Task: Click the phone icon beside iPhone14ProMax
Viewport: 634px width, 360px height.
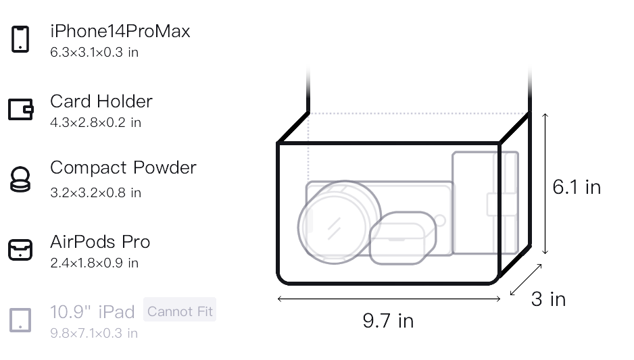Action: click(x=20, y=39)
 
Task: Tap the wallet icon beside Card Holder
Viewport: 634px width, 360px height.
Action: click(x=21, y=109)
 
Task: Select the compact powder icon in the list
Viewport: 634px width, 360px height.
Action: click(x=20, y=179)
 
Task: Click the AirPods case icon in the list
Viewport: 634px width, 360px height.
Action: click(x=20, y=249)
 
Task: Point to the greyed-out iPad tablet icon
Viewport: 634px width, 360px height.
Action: click(x=20, y=320)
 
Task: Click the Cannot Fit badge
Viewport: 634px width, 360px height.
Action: click(x=180, y=311)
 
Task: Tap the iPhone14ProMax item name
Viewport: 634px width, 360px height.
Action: click(x=120, y=31)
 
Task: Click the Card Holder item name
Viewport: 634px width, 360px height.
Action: click(x=101, y=101)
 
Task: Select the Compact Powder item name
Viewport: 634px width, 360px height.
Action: click(x=123, y=168)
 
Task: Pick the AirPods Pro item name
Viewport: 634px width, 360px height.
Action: click(x=100, y=242)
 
